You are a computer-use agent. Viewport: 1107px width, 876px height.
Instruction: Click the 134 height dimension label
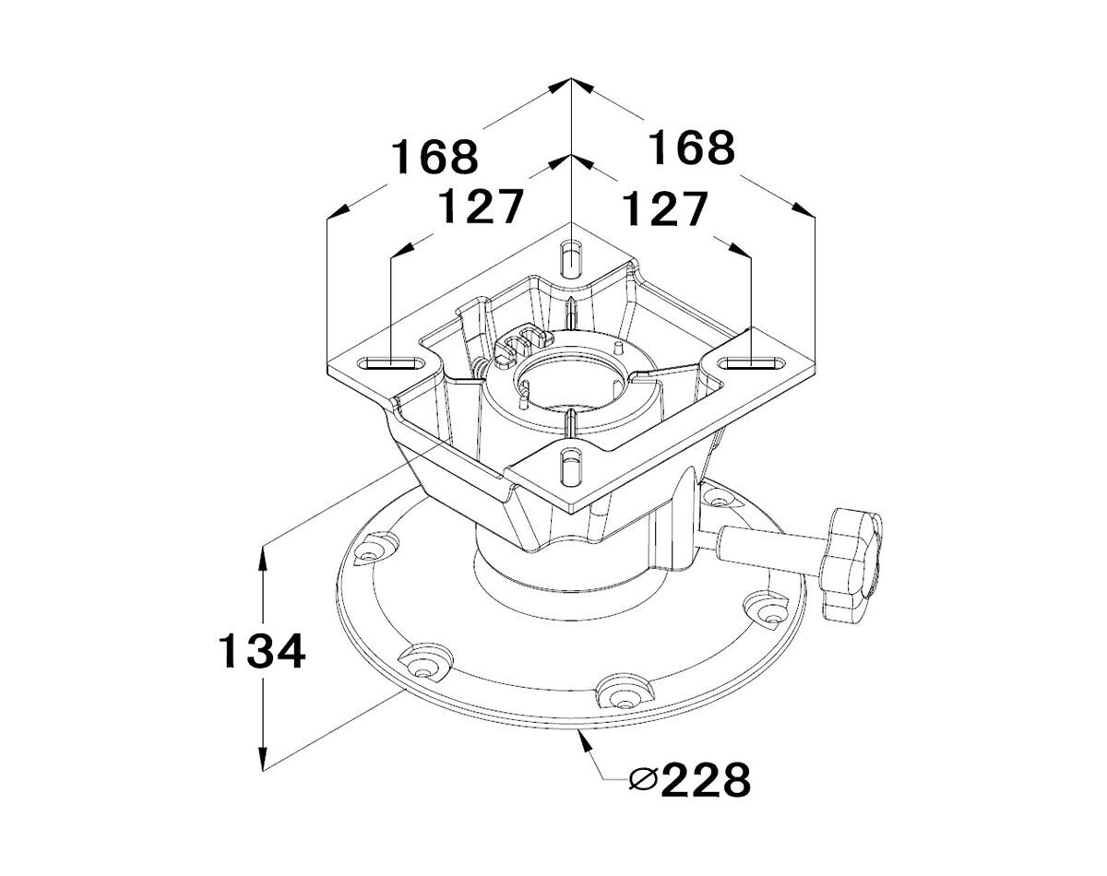coord(262,651)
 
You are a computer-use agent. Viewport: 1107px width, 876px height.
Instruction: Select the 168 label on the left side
coord(435,157)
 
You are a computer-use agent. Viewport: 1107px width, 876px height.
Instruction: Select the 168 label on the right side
coord(691,148)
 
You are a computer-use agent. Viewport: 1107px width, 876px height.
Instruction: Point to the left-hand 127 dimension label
coord(482,207)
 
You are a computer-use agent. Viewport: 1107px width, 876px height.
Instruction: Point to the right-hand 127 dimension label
coord(664,208)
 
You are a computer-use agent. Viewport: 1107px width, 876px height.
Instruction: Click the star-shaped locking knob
coord(851,565)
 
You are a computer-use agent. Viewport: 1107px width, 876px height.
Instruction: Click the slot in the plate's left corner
coord(391,363)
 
